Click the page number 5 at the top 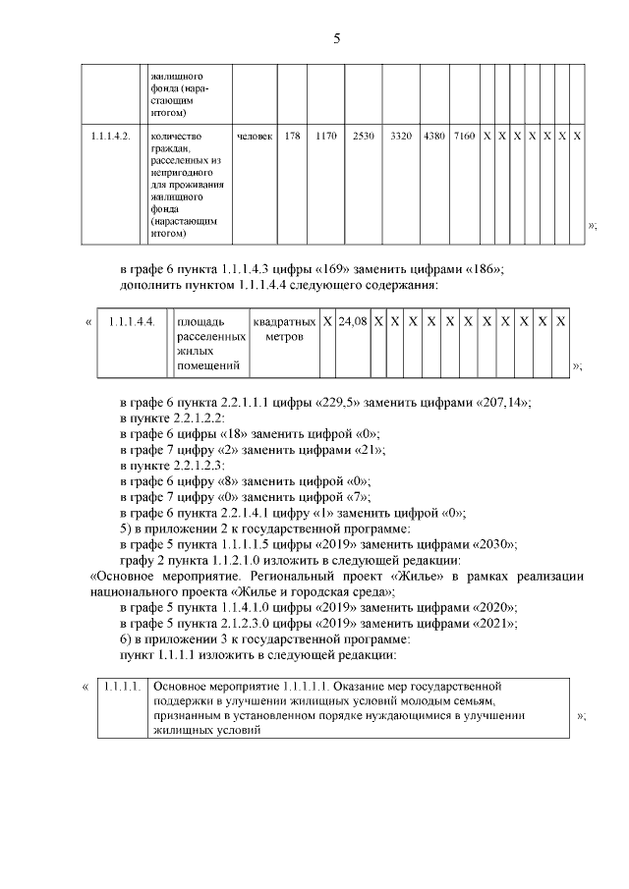(336, 39)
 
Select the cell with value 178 (292, 135)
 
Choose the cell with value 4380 (433, 135)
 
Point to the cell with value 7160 (464, 135)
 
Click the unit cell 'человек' (255, 135)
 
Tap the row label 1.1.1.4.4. (131, 321)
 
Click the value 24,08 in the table (352, 321)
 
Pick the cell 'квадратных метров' (284, 329)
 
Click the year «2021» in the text (494, 622)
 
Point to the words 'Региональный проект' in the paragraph (314, 577)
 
